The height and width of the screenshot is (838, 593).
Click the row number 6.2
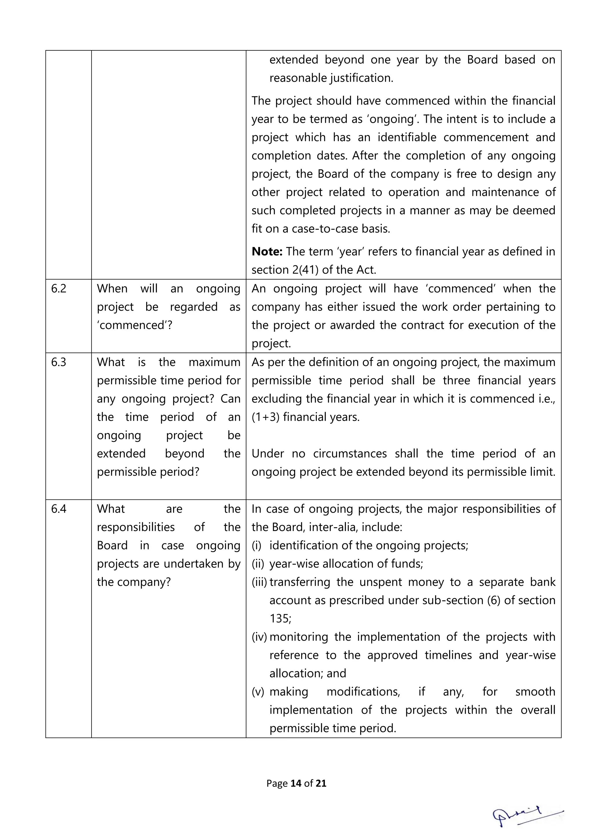point(58,289)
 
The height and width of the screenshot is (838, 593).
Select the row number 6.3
point(58,362)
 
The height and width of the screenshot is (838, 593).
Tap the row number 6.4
point(58,509)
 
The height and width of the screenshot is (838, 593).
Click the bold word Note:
point(267,251)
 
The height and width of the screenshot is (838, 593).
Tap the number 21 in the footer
point(321,783)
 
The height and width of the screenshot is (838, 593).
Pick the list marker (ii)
point(257,564)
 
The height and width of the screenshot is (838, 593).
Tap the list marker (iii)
point(259,582)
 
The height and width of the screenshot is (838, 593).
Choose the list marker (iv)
point(259,637)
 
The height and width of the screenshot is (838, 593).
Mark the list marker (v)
point(257,692)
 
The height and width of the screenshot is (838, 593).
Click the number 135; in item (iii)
point(280,619)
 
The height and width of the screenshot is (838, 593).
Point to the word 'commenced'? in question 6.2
point(134,325)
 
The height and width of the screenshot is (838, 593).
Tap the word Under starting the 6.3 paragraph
point(267,454)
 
